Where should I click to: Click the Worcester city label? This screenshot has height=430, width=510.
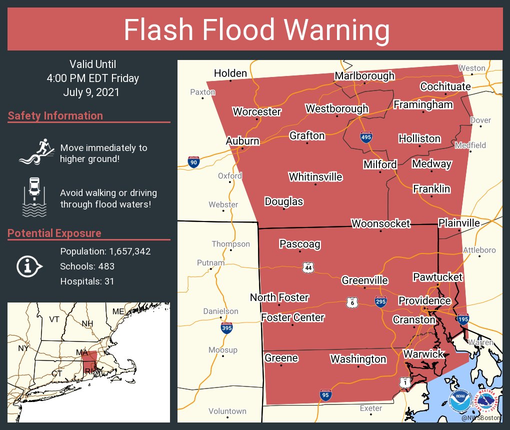click(x=257, y=111)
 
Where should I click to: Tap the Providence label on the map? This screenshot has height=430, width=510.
click(x=424, y=301)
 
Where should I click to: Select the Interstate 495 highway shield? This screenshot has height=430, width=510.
click(x=366, y=137)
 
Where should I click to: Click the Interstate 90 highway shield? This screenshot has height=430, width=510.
click(x=193, y=162)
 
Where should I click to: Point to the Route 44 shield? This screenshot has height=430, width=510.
click(x=308, y=267)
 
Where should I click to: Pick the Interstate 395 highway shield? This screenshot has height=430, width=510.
click(x=226, y=328)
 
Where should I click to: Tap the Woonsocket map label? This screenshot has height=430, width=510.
click(x=380, y=223)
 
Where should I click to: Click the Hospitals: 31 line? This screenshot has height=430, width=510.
click(x=87, y=281)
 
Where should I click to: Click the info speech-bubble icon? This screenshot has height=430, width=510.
click(x=28, y=266)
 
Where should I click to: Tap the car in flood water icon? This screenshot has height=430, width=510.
click(x=34, y=197)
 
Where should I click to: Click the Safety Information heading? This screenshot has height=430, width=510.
click(x=55, y=116)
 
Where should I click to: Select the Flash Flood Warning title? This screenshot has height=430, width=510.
click(x=256, y=30)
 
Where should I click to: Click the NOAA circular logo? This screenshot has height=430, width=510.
click(x=460, y=400)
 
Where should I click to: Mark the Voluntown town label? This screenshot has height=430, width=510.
click(x=227, y=411)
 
